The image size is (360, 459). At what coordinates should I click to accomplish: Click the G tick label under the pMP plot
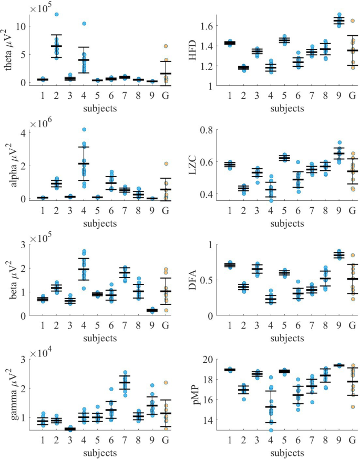(352, 440)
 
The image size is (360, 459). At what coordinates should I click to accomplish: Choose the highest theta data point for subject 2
(56, 14)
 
